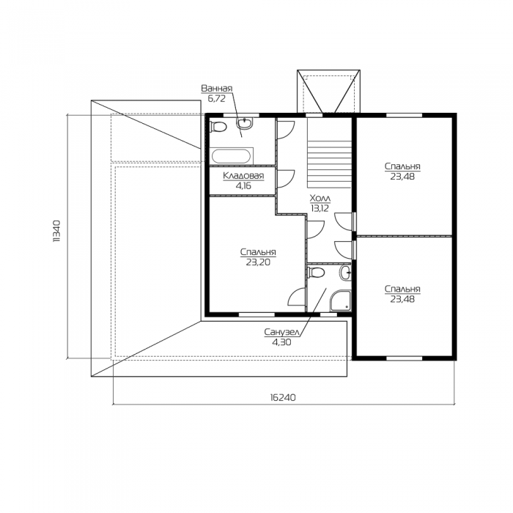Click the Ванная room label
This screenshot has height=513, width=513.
(x=217, y=89)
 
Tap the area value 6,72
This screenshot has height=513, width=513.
(x=217, y=98)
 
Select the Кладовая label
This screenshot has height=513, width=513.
(x=243, y=176)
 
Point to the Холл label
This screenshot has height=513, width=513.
(x=320, y=199)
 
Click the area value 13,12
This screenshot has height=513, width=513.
(x=320, y=208)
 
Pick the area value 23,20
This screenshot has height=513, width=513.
(x=258, y=262)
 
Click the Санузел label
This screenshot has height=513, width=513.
(x=282, y=333)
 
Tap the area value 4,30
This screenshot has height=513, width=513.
(x=281, y=342)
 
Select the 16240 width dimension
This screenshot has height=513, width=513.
(x=283, y=397)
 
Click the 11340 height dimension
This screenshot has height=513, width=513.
(x=56, y=231)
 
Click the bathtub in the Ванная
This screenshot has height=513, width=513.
(x=232, y=156)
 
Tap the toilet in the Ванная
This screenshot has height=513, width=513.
(x=218, y=127)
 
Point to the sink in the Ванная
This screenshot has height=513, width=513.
(x=244, y=123)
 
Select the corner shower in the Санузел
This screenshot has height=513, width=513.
(x=340, y=300)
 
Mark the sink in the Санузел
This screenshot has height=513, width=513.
(x=345, y=273)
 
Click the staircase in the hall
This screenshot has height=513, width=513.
(x=329, y=152)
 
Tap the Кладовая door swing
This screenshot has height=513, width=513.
(x=285, y=179)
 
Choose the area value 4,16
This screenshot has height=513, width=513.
(x=244, y=186)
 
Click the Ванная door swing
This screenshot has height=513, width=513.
(x=285, y=130)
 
